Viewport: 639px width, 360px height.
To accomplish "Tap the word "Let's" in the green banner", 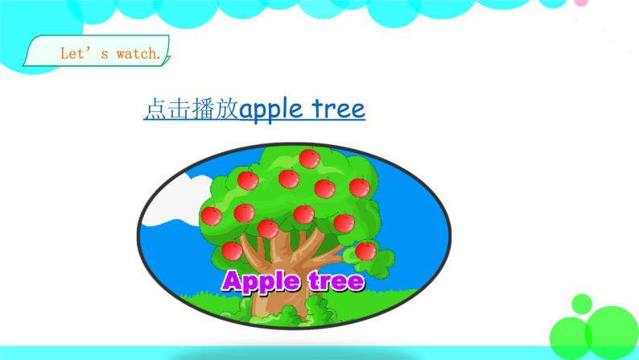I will coord(78,55).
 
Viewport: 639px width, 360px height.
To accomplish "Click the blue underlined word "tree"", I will coord(338,110).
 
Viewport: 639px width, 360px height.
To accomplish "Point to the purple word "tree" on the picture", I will coord(335,281).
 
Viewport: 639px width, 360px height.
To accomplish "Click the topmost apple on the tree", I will coord(306,159).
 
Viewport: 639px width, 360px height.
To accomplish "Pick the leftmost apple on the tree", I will coord(211,216).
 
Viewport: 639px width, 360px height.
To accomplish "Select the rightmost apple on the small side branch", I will coord(365,250).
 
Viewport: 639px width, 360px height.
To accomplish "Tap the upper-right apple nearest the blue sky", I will coord(359,186).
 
